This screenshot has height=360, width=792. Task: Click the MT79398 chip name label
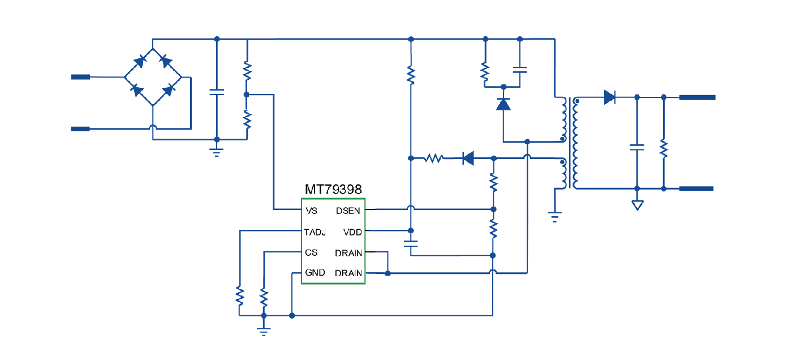pyautogui.click(x=333, y=188)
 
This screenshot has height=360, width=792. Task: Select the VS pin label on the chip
pyautogui.click(x=311, y=211)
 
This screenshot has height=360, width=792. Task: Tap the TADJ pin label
pyautogui.click(x=315, y=232)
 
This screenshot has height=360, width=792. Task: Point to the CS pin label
pyautogui.click(x=311, y=252)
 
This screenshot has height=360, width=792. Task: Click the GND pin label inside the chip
pyautogui.click(x=315, y=273)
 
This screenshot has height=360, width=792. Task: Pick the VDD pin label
pyautogui.click(x=352, y=232)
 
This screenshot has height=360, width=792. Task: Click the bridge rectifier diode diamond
pyautogui.click(x=153, y=77)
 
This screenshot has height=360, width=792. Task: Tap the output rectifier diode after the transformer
pyautogui.click(x=609, y=97)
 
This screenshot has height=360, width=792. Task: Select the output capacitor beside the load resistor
pyautogui.click(x=637, y=147)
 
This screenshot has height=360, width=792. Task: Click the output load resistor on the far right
pyautogui.click(x=664, y=149)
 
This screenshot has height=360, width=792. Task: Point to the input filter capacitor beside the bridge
pyautogui.click(x=217, y=92)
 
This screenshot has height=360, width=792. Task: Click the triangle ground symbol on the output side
pyautogui.click(x=638, y=204)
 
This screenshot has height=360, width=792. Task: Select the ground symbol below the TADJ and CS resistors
pyautogui.click(x=264, y=331)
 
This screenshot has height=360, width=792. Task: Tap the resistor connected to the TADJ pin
pyautogui.click(x=240, y=295)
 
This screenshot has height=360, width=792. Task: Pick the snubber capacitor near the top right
pyautogui.click(x=520, y=71)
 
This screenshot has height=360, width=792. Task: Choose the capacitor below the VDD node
pyautogui.click(x=411, y=243)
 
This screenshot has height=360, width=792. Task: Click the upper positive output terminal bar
pyautogui.click(x=697, y=97)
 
